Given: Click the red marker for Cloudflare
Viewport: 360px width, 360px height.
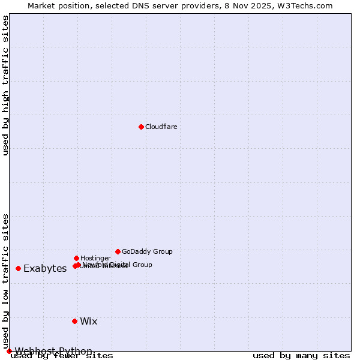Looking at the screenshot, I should click(141, 127).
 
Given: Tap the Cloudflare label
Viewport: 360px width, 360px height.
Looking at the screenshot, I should click(161, 127).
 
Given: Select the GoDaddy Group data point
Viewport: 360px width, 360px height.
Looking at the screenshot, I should click(118, 251).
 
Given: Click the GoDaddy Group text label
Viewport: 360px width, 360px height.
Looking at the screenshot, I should click(147, 251).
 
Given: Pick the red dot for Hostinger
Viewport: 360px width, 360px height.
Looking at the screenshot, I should click(76, 258).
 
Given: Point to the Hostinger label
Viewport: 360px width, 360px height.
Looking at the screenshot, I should click(95, 258).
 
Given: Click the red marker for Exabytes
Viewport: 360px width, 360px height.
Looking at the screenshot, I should click(18, 268).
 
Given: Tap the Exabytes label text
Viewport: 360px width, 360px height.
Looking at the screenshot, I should click(45, 268).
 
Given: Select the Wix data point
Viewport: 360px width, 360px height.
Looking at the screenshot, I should click(74, 321).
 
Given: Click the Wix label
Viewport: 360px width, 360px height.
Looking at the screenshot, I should click(89, 321).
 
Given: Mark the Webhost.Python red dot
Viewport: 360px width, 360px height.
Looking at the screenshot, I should click(9, 351).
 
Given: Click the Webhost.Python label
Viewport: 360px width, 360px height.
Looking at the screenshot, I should click(53, 351).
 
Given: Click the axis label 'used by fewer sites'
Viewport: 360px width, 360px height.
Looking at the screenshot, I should click(62, 356).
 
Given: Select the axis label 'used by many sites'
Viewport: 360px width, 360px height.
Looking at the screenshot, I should click(301, 356).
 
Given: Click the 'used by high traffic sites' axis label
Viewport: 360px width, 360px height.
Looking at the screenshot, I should click(6, 85).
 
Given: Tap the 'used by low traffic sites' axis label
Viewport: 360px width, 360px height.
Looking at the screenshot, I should click(6, 281).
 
